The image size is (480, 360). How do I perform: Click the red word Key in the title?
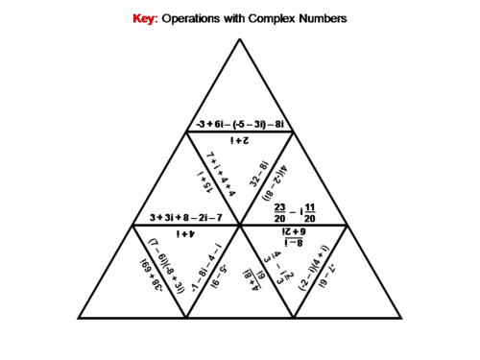[142, 18]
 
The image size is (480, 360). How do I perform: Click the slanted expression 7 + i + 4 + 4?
[224, 173]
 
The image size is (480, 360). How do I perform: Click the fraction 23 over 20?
[280, 211]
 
